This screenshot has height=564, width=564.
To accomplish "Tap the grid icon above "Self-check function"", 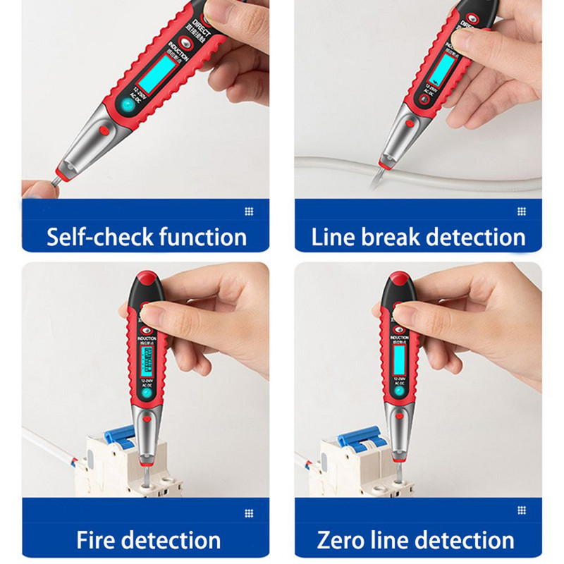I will tap(248, 211).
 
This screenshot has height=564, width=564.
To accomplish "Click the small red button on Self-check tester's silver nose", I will tap(103, 130).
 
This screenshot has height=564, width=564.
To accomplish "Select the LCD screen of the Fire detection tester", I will tap(147, 362).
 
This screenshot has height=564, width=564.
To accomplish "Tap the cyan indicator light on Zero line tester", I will tap(399, 392).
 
